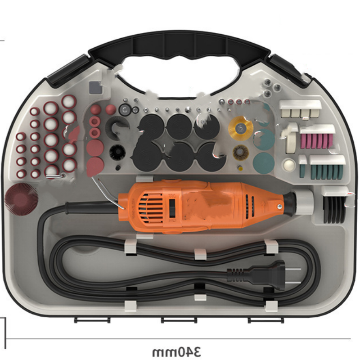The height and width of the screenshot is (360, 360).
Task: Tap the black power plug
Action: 264,275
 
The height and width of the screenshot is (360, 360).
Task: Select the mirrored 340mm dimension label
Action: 176,351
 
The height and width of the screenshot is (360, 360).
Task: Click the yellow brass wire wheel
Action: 240,128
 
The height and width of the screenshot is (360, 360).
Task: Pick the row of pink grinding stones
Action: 316,141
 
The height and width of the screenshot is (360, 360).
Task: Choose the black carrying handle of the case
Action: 179,49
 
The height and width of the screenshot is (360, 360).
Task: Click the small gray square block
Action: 95,87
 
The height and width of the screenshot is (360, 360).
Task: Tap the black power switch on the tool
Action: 172,208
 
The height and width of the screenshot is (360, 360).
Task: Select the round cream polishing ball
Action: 289,165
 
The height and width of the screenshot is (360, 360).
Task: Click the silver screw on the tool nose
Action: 279,207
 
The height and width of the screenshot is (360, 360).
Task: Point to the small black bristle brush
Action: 117,152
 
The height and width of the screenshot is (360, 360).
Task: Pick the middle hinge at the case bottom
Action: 179,320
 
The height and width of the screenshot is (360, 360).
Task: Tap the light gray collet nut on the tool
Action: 304,203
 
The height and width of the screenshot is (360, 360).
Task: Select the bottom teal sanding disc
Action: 264,163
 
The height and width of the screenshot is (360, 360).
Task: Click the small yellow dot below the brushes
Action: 240,168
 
